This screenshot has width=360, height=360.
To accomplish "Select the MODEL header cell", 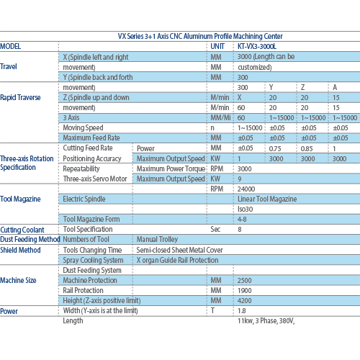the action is point(10,46).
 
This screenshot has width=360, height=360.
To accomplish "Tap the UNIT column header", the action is point(217,46).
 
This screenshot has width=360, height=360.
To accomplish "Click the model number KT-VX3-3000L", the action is point(257,46).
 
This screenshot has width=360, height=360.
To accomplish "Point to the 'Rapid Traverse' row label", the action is point(20,97).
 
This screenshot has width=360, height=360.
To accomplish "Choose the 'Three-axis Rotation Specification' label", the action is point(27,163).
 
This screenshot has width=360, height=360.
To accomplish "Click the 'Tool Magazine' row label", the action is point(20,199).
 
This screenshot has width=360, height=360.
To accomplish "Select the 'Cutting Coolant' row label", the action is point(22,230).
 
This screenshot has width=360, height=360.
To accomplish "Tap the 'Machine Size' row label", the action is point(18,280).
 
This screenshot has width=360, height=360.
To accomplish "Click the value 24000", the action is point(246,189).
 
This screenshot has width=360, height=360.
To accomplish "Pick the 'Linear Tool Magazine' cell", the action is point(267,199).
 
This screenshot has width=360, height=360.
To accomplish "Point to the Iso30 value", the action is point(245,210).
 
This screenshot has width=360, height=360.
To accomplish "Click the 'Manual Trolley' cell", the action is point(157,239).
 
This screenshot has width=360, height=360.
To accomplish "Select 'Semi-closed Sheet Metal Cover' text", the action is point(179,250).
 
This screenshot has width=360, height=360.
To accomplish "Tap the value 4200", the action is point(245,301).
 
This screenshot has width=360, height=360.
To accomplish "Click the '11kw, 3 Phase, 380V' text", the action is point(266,321).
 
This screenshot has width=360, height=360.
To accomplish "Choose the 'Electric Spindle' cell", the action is point(84,199).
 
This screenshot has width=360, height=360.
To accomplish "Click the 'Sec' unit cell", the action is point(215,229).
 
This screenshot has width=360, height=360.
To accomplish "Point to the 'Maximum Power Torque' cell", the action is point(171,168).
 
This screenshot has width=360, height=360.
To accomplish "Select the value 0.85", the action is point(307,149).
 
